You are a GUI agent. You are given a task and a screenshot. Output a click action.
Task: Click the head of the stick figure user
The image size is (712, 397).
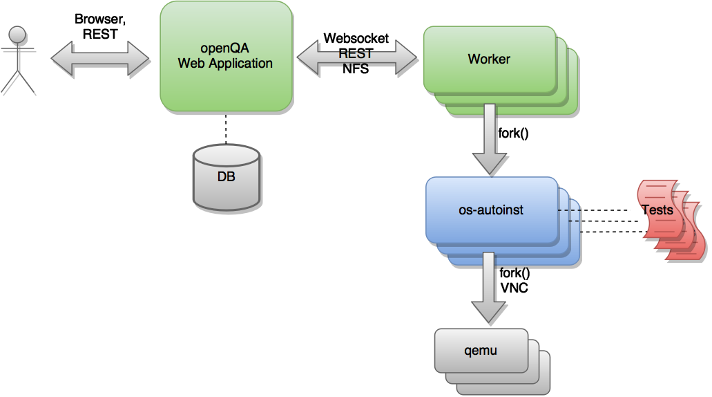tap(18, 34)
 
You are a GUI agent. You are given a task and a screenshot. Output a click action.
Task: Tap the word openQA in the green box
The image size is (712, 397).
tap(225, 49)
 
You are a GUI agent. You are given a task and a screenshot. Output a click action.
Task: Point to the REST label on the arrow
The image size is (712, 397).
tap(356, 54)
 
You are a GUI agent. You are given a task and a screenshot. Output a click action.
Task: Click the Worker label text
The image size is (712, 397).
tap(489, 59)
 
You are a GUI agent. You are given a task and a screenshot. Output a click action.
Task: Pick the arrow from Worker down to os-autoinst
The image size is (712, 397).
tap(490, 138)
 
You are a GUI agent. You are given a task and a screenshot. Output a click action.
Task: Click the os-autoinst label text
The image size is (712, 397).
tap(491, 210)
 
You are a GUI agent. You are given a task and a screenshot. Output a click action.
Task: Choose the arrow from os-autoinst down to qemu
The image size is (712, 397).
tap(489, 286)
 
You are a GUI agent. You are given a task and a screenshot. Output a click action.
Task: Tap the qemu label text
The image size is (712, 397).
tap(481, 351)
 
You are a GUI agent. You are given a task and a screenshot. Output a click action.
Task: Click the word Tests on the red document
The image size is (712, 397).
tap(657, 210)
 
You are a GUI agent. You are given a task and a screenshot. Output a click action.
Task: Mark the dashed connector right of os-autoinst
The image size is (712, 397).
tap(569, 214)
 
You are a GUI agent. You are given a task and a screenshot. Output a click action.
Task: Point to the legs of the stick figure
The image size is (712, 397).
tap(17, 80)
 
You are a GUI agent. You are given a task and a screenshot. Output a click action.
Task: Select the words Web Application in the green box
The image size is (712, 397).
tap(225, 64)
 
